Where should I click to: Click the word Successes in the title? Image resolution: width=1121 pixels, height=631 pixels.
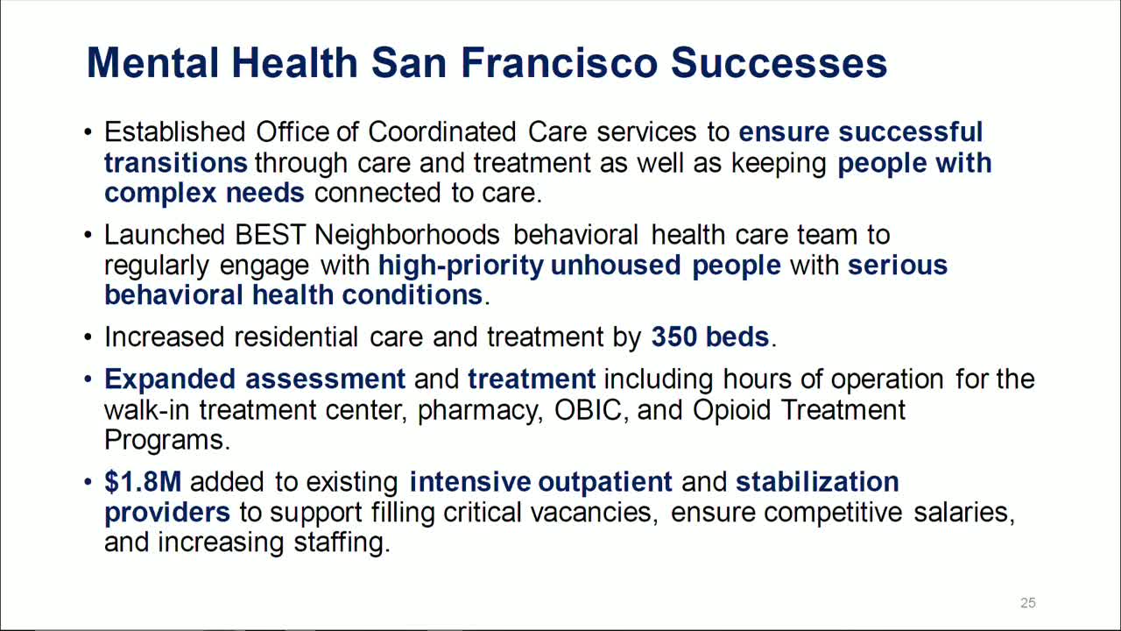click(779, 63)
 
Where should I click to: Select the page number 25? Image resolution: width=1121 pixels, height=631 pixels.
click(1028, 603)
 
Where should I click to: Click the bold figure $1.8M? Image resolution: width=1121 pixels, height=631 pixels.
click(143, 482)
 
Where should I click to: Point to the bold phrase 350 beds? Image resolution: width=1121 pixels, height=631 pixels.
click(710, 337)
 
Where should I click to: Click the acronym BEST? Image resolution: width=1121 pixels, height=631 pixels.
click(271, 235)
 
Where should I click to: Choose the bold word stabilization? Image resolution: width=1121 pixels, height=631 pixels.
click(817, 482)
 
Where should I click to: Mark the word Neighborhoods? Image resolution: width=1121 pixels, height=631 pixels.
click(407, 235)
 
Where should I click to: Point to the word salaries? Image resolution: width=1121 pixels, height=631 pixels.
click(964, 512)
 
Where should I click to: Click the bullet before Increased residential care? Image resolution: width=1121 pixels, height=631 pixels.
click(88, 338)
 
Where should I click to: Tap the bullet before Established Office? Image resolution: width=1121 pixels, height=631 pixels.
click(88, 133)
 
